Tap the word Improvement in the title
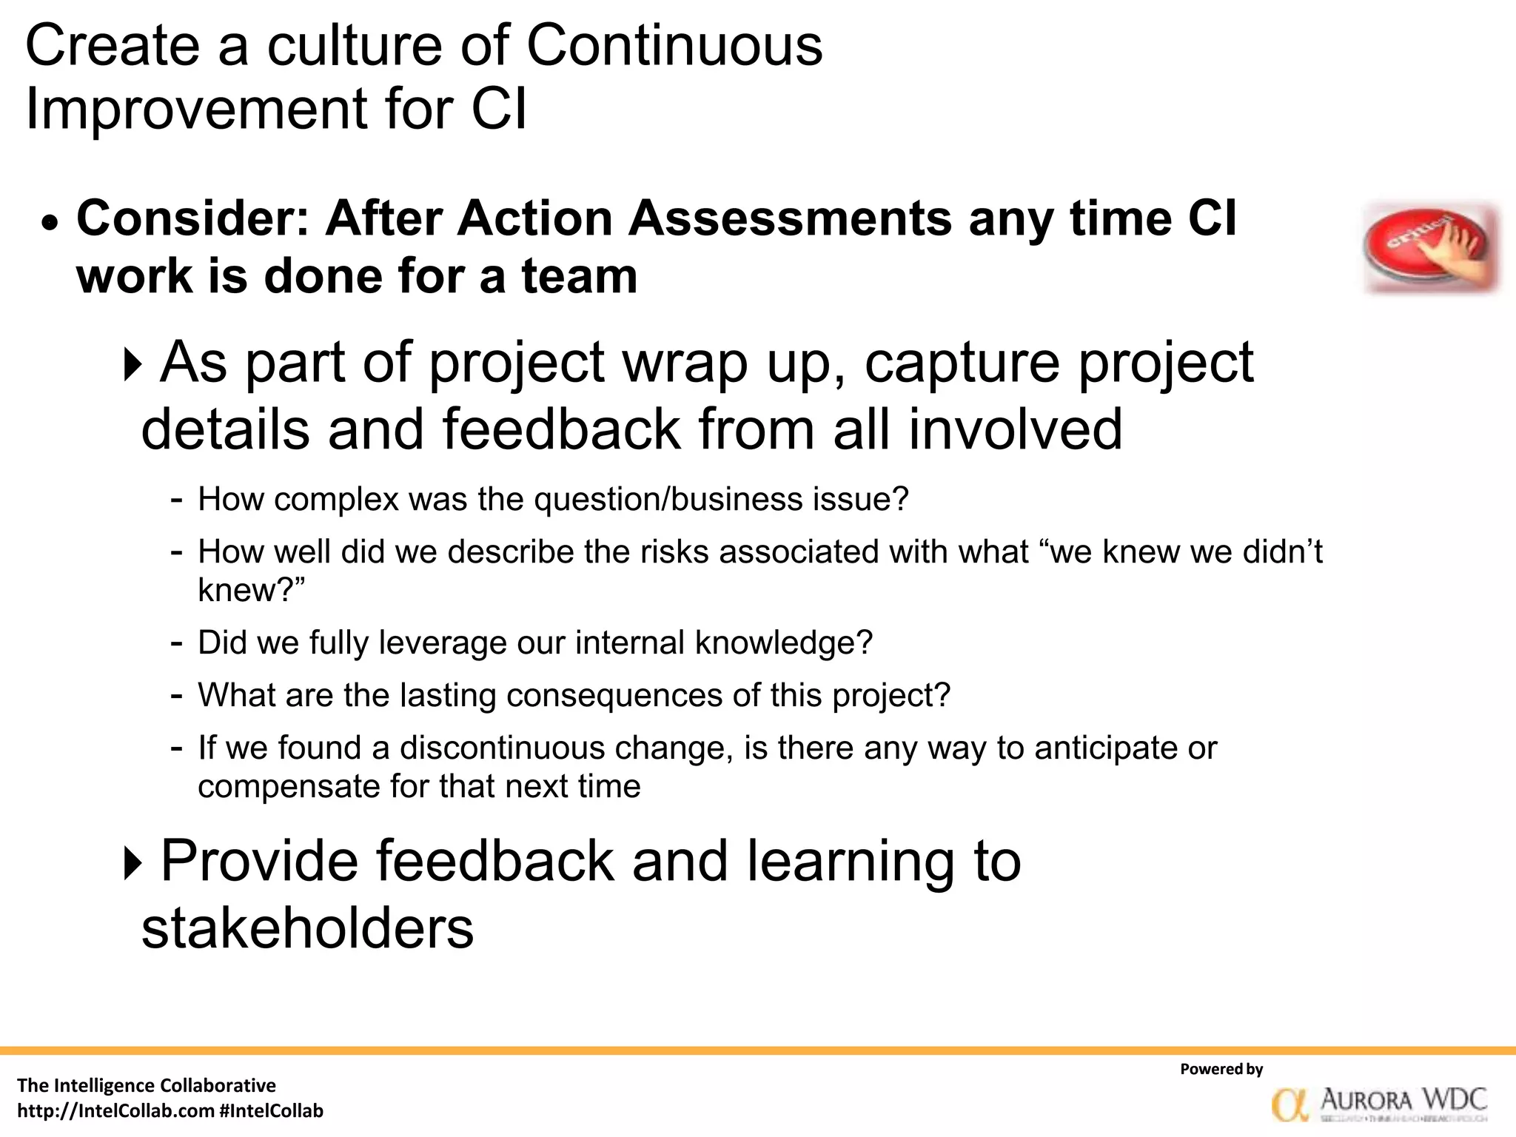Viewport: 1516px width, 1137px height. (x=196, y=109)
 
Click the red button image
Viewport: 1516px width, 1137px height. (x=1431, y=249)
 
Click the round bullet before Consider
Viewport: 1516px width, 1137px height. (x=49, y=222)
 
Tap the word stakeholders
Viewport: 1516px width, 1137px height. (x=307, y=928)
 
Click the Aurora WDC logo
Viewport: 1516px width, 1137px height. (x=1379, y=1104)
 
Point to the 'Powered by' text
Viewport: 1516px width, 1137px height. (x=1221, y=1069)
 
